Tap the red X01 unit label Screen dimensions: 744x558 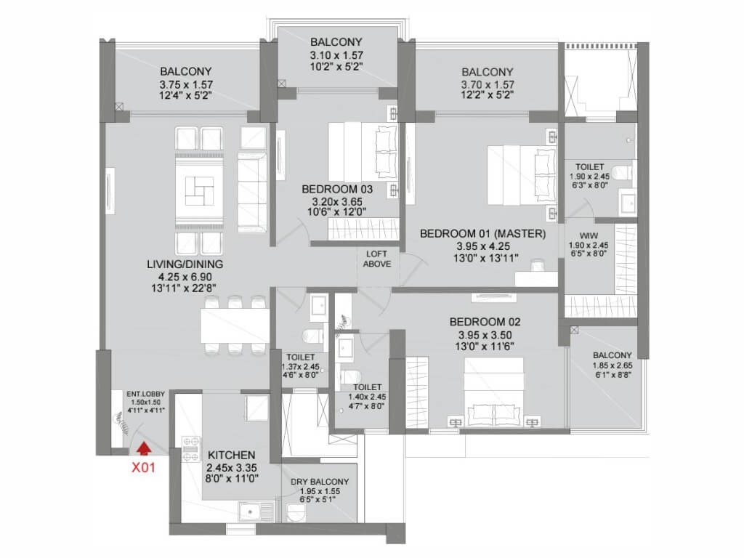coord(143,467)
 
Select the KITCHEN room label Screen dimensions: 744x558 coord(232,455)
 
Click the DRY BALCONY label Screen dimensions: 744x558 coord(320,482)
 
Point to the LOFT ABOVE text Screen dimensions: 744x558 coord(377,259)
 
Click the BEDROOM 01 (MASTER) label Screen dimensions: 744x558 coord(483,233)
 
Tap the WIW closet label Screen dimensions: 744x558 coord(589,236)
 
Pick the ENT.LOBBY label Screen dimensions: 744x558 coord(145,394)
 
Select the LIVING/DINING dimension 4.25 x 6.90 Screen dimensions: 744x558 coord(185,277)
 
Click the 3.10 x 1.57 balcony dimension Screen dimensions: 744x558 coord(337,55)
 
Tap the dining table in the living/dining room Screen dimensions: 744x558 coord(235,325)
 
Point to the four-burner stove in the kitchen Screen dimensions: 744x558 coord(191,449)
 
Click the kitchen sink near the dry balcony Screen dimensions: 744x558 coord(256,513)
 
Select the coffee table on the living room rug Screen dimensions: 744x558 coord(199,191)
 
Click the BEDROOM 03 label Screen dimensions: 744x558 coord(337,189)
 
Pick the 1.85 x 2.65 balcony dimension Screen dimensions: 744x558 coord(612,365)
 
